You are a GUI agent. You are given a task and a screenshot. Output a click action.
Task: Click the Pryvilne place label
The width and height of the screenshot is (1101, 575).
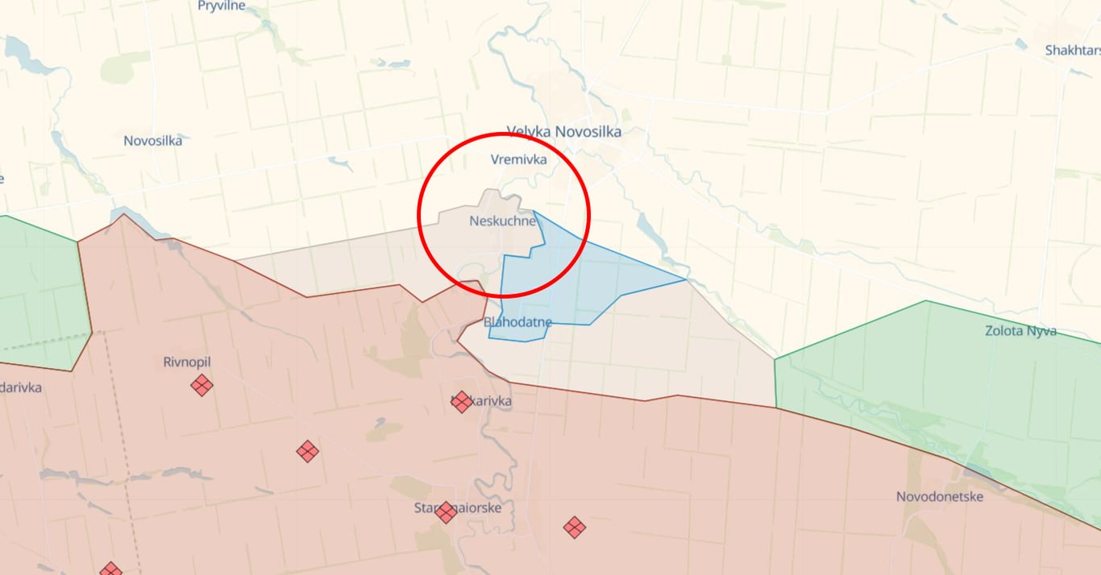(x=221, y=6)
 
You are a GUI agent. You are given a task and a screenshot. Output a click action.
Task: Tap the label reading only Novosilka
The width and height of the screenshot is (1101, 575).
(x=152, y=141)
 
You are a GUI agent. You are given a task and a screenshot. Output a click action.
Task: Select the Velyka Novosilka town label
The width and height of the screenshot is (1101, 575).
(x=564, y=132)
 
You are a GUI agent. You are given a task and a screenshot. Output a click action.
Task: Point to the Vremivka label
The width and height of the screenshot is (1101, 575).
(x=519, y=159)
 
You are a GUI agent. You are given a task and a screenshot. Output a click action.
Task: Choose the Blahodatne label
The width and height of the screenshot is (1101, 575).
(x=518, y=322)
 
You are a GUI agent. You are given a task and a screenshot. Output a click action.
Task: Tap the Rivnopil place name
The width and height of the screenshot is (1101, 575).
(x=186, y=362)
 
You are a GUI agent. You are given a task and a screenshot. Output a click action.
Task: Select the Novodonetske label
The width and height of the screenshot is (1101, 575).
(x=939, y=497)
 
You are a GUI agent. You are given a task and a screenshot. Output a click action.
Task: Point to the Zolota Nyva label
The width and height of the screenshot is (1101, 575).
(x=1020, y=331)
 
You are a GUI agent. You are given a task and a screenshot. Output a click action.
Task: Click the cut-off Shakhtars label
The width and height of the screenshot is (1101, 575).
(x=1072, y=50)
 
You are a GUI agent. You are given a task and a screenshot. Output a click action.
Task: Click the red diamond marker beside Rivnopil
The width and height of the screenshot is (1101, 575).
(x=202, y=386)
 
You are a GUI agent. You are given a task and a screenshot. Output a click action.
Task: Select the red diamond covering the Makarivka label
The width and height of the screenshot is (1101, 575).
(x=461, y=402)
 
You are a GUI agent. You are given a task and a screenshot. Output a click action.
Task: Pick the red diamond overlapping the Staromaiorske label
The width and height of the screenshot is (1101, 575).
(x=446, y=512)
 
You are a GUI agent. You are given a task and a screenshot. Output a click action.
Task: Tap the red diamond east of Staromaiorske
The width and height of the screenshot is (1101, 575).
(x=574, y=527)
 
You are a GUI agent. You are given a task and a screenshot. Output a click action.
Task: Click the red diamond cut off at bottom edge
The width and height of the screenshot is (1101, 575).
(x=110, y=569)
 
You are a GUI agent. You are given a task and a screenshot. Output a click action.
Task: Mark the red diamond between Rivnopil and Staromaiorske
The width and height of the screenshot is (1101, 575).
(x=307, y=451)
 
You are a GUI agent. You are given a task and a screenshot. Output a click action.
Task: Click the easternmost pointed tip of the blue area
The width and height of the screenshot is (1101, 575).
(x=686, y=279)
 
